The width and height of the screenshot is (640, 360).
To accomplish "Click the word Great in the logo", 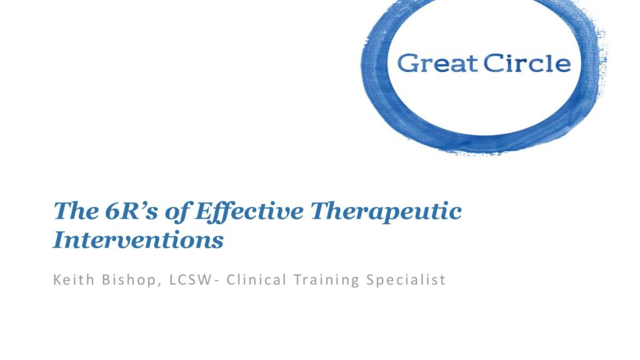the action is coord(437,63).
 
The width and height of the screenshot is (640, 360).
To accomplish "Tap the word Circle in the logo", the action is coord(527,63).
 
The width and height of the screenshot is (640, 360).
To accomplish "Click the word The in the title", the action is coord(76,211).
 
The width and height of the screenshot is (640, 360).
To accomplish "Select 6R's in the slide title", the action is coord(131,211).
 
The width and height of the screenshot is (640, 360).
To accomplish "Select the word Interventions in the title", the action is coord(138,239).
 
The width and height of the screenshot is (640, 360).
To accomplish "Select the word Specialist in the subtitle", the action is coord(406,281).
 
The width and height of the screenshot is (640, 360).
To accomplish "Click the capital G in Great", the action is coord(407,63).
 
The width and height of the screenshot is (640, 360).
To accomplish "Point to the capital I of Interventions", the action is coord(61,239).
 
